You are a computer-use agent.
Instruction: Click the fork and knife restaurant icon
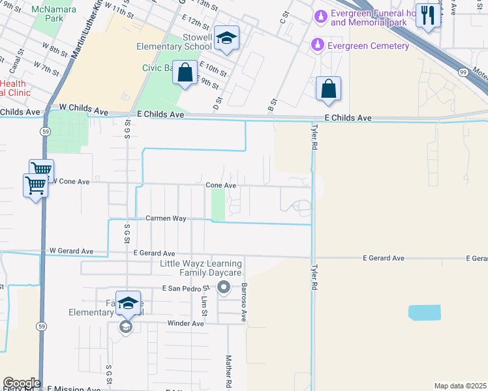(427, 16)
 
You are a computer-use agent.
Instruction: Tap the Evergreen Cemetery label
(369, 46)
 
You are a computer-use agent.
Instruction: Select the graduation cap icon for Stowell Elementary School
(226, 39)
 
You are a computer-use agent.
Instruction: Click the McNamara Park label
(56, 14)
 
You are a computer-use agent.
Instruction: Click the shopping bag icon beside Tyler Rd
(328, 89)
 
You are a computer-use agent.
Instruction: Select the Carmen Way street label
(166, 218)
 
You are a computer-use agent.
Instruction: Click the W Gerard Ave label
(71, 251)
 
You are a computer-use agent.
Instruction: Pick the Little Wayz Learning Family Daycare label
(201, 268)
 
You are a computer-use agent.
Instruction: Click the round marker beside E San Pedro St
(224, 287)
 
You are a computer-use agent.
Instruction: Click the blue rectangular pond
(424, 313)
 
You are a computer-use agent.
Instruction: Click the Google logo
(21, 383)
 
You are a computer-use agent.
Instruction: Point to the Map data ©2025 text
(459, 386)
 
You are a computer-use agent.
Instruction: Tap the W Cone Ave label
(70, 181)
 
